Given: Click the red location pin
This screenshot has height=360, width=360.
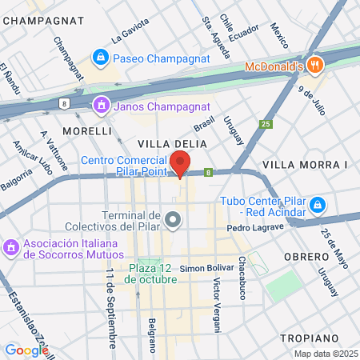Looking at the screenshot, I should coord(182,162).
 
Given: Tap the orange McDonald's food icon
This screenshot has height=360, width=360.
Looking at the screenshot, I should coord(315,66).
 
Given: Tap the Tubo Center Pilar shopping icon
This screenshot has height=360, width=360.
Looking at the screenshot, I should coord(318,205).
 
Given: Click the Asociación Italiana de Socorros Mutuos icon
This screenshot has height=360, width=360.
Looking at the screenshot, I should coord(11,247).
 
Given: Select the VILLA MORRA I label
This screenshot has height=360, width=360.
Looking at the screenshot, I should coord(306,165).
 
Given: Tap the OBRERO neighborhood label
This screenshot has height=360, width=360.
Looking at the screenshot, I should coord(306,256).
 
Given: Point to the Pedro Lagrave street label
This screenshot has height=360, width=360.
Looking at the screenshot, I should coord(255,228).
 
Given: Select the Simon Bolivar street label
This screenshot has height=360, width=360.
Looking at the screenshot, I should coord(206,267).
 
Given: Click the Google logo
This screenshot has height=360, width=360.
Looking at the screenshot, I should coord(26,350).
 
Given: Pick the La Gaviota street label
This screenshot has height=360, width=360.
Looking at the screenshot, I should coord(130,30).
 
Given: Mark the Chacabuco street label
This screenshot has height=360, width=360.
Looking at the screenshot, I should coord(241,279).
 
